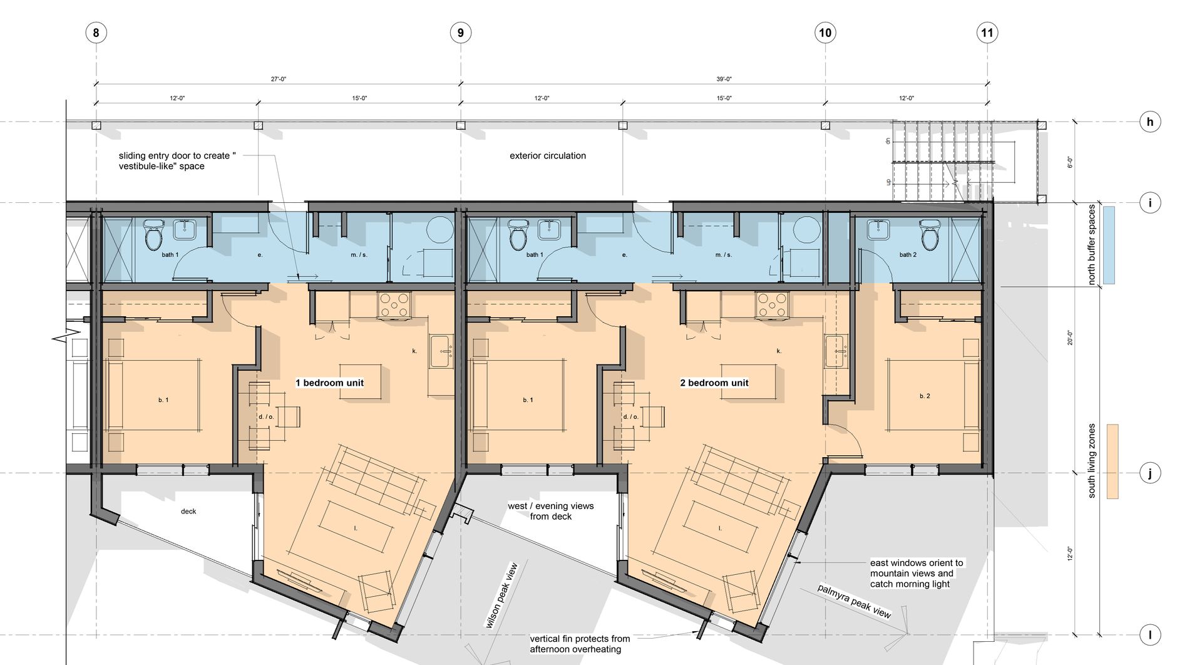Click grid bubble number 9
click(x=461, y=33)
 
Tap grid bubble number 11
click(x=987, y=33)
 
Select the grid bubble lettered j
click(x=1149, y=473)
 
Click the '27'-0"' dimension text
click(x=278, y=80)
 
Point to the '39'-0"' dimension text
click(x=724, y=80)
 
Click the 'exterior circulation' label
click(x=548, y=155)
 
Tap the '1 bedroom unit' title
click(x=329, y=383)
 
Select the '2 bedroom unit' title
click(x=714, y=383)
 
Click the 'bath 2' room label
click(x=908, y=255)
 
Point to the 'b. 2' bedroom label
click(x=925, y=396)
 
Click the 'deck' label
click(x=188, y=511)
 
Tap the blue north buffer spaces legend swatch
click(x=1108, y=245)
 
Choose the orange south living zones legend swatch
click(x=1112, y=461)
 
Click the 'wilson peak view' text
click(x=502, y=595)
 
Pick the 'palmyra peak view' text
click(x=854, y=601)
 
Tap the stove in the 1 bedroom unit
click(x=394, y=305)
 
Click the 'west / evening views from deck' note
click(x=551, y=511)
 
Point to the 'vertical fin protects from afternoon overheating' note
click(x=580, y=644)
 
